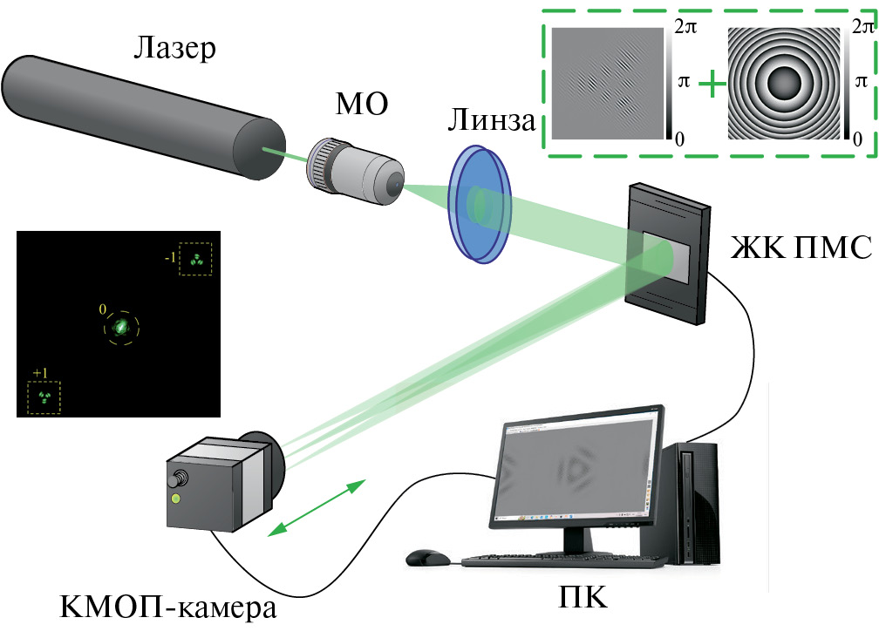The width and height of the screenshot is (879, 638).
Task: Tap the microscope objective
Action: tap(354, 169)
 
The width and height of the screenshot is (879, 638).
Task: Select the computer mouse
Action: tap(426, 556)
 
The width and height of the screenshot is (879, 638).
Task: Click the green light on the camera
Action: tap(177, 499)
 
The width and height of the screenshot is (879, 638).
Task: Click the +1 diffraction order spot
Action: tap(44, 397)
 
